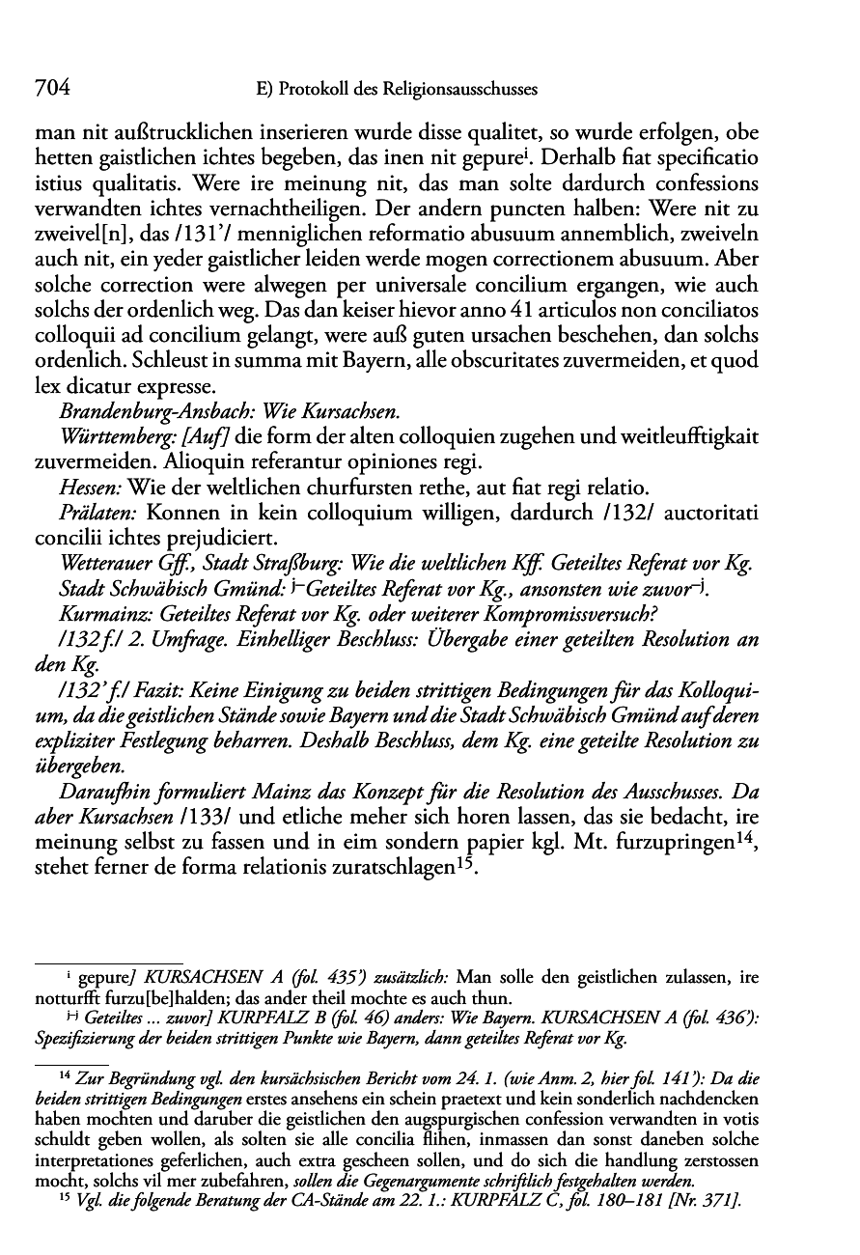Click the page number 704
pyautogui.click(x=52, y=89)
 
